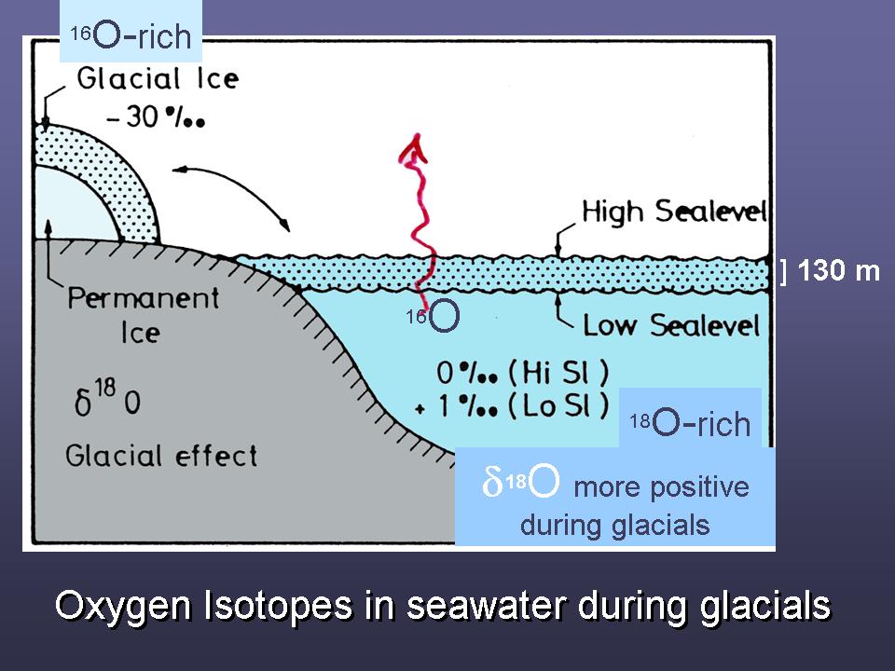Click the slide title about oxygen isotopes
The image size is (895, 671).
[x=443, y=606]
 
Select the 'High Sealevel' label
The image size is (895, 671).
[x=674, y=212]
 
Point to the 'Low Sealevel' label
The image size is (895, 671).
[x=671, y=325]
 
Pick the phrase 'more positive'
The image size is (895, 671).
[x=661, y=486]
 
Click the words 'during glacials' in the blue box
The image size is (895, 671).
[x=614, y=525]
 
